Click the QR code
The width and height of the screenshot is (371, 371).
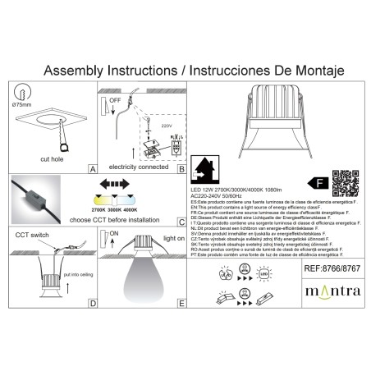click(346, 180)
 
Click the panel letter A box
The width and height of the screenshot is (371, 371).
click(93, 167)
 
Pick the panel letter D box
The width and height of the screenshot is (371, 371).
click(93, 303)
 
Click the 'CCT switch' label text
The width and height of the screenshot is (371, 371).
click(33, 235)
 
